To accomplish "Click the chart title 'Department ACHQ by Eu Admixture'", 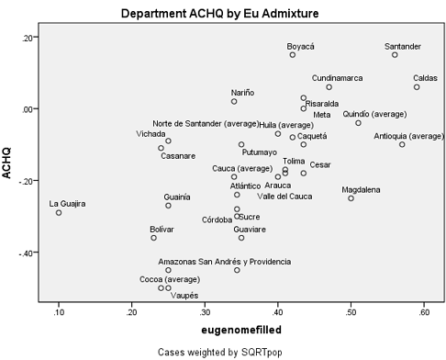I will coord(223,14).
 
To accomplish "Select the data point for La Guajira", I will coord(59,212).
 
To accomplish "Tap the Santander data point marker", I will coord(395,55).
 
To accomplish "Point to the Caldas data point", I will coord(417,87).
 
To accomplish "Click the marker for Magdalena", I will coord(351,197).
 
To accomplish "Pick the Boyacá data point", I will coord(293,55).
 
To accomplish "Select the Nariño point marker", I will coord(234,101).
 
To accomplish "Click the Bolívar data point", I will coord(154,238).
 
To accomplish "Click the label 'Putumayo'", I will coord(259,152).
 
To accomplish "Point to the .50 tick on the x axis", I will coord(351,312).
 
